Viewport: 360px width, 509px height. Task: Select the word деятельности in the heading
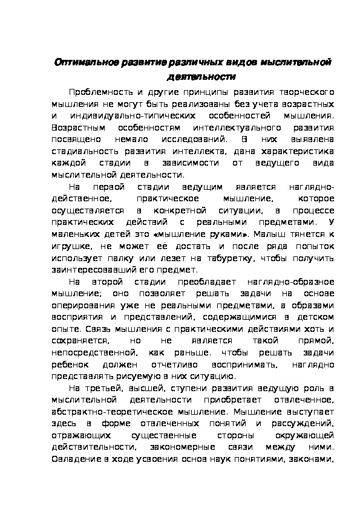click(200, 77)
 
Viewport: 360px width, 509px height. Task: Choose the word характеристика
click(299, 151)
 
